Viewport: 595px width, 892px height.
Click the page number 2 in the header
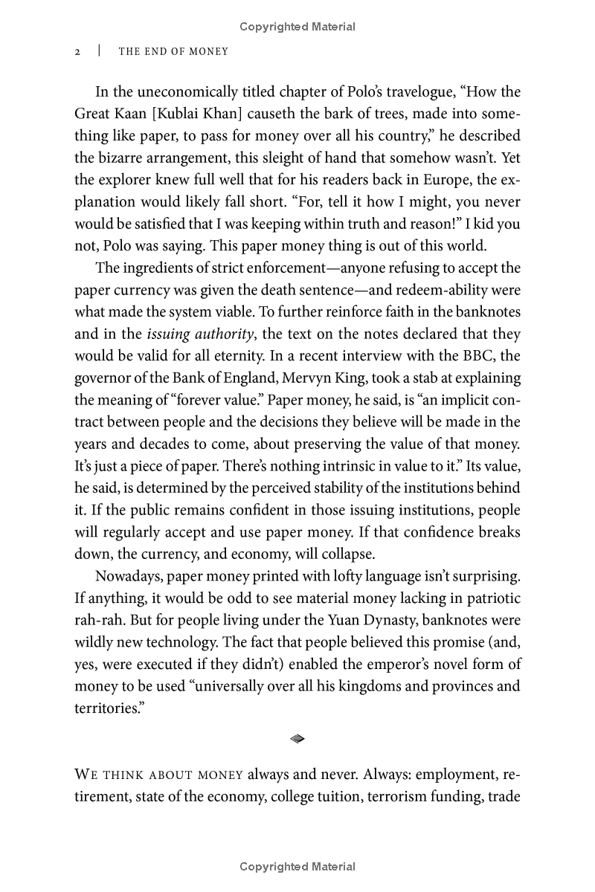(77, 52)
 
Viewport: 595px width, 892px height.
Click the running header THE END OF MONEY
(173, 52)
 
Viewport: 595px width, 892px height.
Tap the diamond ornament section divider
(297, 738)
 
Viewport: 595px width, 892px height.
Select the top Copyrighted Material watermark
(297, 27)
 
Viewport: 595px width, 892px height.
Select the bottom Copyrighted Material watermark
(297, 867)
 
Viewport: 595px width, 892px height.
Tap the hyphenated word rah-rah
(98, 620)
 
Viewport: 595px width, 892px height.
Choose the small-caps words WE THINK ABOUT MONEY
(159, 775)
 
